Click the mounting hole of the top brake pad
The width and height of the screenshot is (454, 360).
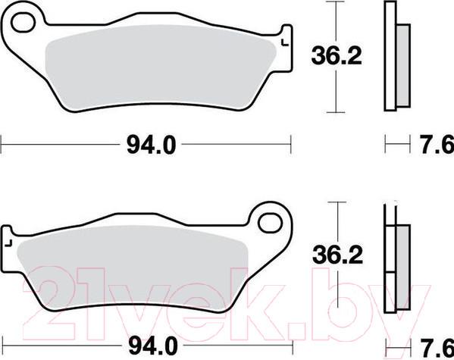coord(23,22)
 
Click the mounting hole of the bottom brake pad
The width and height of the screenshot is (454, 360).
coord(270,224)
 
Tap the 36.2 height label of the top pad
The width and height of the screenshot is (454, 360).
coord(337,55)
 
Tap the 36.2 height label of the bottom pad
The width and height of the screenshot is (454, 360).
coord(337,255)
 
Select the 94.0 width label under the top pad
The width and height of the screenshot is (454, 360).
coord(151,145)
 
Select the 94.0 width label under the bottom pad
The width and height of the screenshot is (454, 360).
coord(152,346)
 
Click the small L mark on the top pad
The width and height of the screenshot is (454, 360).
coord(285,42)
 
